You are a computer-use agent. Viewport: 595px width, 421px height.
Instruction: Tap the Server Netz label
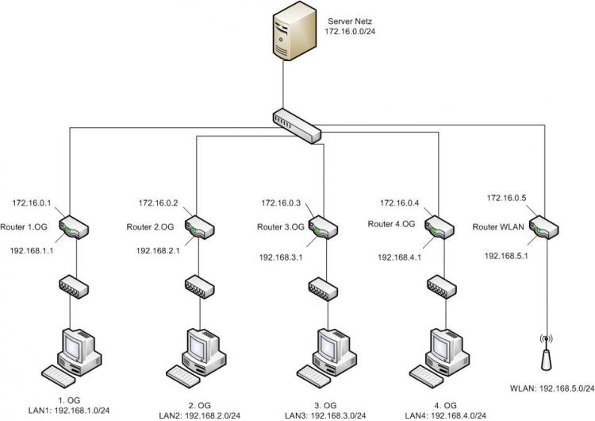(x=350, y=21)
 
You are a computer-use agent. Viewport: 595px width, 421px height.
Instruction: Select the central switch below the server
(x=297, y=126)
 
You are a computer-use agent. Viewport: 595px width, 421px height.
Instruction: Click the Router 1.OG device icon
(x=74, y=227)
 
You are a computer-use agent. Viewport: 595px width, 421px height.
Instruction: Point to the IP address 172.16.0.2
(x=158, y=203)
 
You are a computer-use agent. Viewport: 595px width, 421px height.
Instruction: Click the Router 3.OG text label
(x=281, y=227)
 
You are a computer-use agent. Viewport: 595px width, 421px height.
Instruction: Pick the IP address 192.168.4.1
(x=399, y=257)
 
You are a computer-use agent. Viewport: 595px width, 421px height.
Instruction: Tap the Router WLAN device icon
(x=543, y=227)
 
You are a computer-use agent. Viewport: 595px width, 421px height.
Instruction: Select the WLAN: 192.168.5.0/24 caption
(x=552, y=388)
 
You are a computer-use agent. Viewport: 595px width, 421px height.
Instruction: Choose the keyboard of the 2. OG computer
(x=183, y=377)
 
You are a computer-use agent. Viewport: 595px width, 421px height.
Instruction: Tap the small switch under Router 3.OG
(x=323, y=289)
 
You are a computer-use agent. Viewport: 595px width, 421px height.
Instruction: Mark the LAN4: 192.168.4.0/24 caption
(x=446, y=415)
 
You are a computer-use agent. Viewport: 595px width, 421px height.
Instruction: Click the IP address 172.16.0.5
(x=506, y=198)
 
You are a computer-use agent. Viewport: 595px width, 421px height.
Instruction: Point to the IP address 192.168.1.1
(x=32, y=250)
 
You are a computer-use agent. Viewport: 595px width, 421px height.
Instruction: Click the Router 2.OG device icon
(x=200, y=227)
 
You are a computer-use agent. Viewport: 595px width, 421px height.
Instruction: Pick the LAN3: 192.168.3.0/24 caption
(x=325, y=415)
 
